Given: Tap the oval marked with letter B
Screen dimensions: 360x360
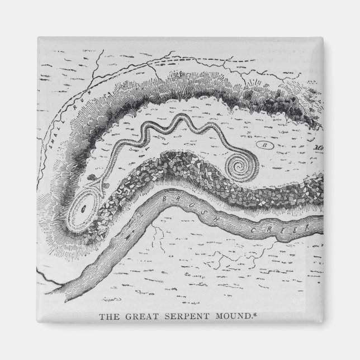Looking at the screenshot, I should click(265, 145).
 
